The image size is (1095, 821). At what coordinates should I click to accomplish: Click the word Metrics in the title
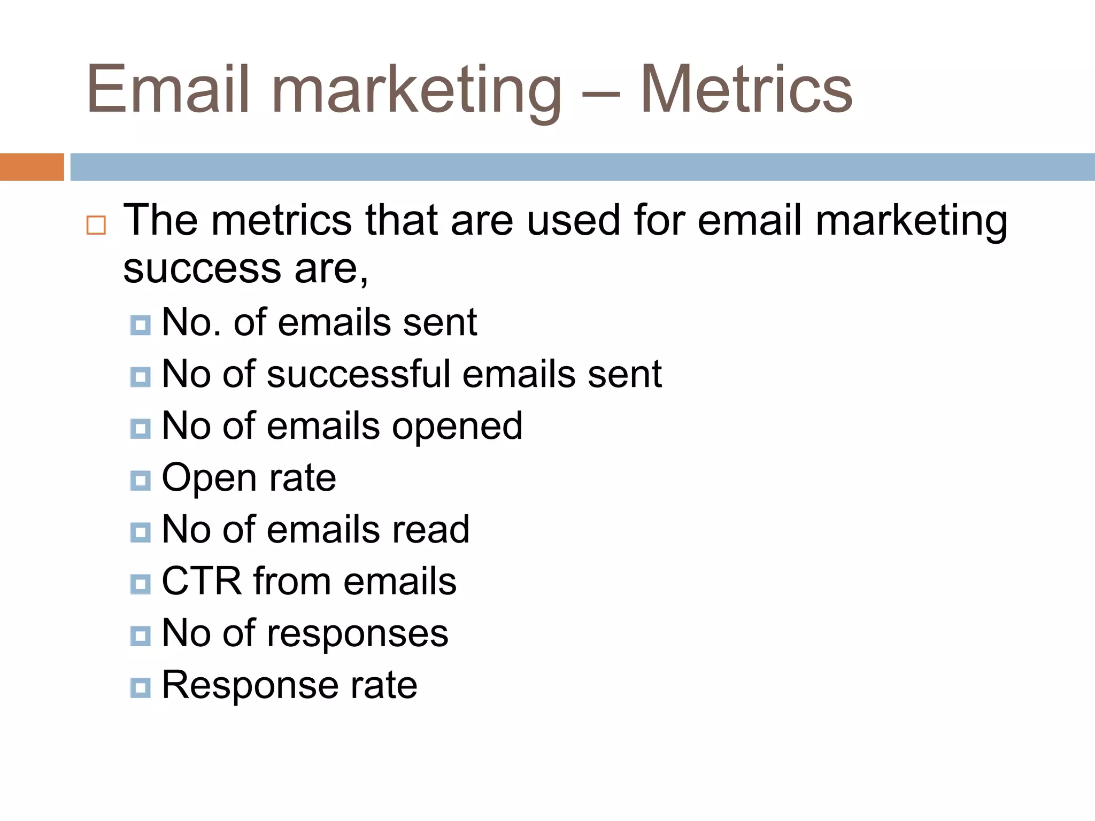click(x=746, y=89)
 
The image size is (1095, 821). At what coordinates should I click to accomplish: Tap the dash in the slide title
click(x=600, y=96)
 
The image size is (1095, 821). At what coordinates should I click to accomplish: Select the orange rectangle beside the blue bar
click(x=32, y=167)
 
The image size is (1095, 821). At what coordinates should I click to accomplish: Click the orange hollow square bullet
click(x=96, y=225)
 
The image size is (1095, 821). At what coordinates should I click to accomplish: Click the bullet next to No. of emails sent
click(x=140, y=324)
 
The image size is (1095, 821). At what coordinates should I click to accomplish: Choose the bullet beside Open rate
click(x=140, y=481)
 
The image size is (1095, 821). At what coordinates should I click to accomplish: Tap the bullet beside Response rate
click(x=140, y=687)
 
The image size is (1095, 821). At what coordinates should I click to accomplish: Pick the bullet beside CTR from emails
click(x=140, y=584)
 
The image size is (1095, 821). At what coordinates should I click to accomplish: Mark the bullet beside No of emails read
click(x=140, y=532)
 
